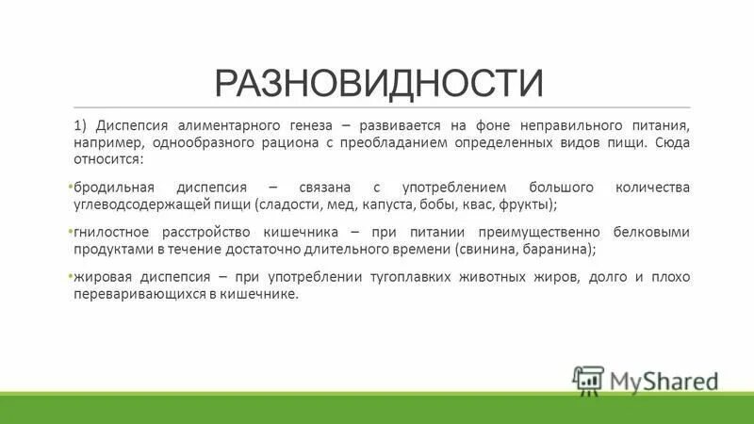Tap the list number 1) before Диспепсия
point(82,125)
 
